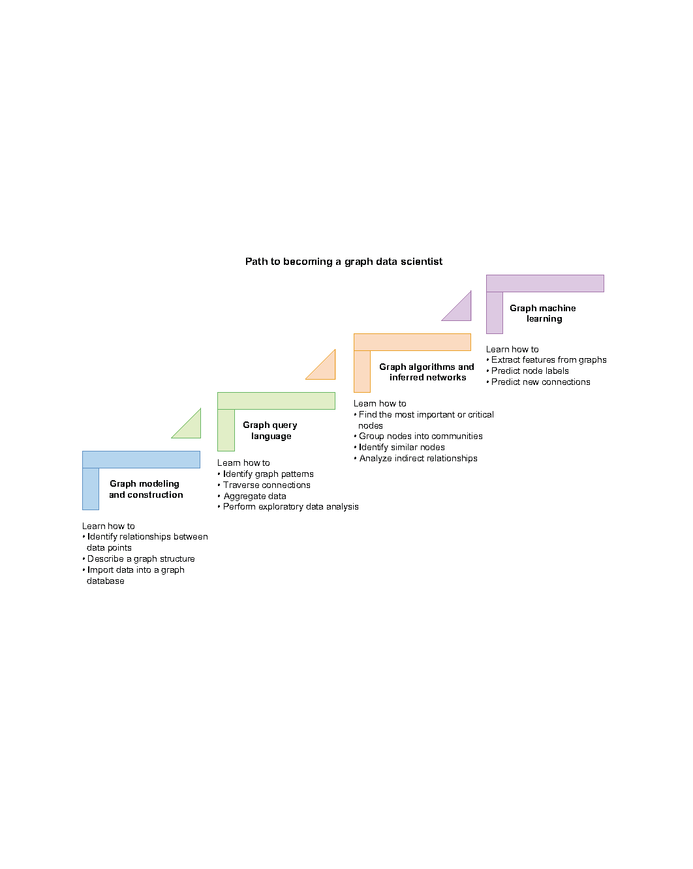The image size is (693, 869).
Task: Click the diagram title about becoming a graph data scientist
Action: tap(344, 262)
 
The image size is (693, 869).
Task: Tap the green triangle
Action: tap(191, 427)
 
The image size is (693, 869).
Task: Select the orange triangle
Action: tap(325, 369)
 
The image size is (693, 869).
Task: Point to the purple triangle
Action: tap(461, 311)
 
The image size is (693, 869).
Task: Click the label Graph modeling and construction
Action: tap(146, 489)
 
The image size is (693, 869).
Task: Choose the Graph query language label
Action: tap(270, 431)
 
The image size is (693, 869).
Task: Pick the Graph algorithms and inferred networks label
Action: tap(427, 372)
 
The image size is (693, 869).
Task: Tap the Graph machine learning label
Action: tap(543, 313)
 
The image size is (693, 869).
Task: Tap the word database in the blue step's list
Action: tap(106, 581)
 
